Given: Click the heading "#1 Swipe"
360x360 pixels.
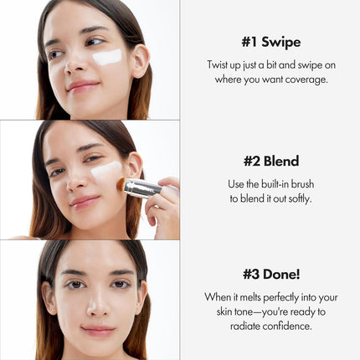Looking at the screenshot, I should click(x=270, y=42).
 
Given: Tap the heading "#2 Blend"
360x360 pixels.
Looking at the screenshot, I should click(x=270, y=161).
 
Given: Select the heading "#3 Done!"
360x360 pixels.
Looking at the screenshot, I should click(x=270, y=273).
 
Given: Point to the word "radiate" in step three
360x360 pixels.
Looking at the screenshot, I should click(x=244, y=325).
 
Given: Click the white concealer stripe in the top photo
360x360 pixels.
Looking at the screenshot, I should click(x=108, y=58).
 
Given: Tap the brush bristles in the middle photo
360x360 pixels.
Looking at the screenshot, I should click(x=121, y=183).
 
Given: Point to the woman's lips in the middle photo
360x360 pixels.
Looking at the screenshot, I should click(x=84, y=201).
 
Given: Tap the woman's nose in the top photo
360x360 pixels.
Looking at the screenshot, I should click(x=72, y=64).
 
